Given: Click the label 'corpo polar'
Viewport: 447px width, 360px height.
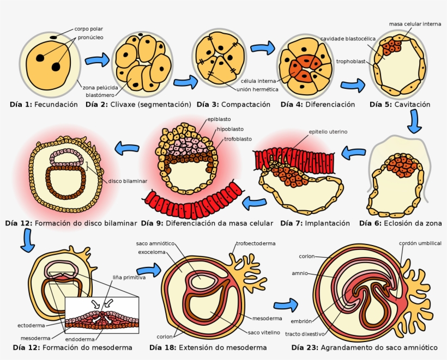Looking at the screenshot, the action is (x=89, y=29).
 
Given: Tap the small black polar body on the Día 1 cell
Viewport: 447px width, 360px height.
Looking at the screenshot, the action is (x=53, y=37).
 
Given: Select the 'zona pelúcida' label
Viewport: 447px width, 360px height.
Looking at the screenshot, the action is (x=100, y=88).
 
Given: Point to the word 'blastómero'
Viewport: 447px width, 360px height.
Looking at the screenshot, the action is (x=100, y=95).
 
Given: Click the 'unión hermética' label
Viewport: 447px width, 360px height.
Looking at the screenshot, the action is (x=257, y=89).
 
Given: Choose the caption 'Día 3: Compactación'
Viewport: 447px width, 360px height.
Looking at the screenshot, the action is (x=233, y=105).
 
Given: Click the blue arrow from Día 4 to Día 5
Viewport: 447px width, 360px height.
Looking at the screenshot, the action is (x=353, y=85).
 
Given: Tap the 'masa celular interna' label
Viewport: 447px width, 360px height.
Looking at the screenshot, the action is (x=415, y=24).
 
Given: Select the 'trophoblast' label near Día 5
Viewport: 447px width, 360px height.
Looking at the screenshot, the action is (x=351, y=62).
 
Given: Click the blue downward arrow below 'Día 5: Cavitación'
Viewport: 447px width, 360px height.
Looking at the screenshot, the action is (x=414, y=121).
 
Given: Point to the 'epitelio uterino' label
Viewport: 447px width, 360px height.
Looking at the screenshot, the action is (x=328, y=132).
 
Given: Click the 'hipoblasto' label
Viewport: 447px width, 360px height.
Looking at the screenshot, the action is (x=230, y=129).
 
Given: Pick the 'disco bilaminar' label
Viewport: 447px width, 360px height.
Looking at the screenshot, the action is (x=128, y=181).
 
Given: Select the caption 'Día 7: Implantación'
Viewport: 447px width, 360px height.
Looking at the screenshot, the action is (x=315, y=223).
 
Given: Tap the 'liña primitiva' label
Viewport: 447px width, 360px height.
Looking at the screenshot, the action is (x=129, y=277).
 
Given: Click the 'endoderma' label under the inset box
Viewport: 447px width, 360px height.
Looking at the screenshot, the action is (x=80, y=339).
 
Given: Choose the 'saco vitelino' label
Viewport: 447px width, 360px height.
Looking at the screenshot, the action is (x=264, y=333).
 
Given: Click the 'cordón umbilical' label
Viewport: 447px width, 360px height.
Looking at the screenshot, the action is (x=420, y=243).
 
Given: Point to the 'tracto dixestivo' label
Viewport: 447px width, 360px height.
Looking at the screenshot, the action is (x=305, y=334).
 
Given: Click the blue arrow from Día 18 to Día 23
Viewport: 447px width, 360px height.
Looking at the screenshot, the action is (x=286, y=306).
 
